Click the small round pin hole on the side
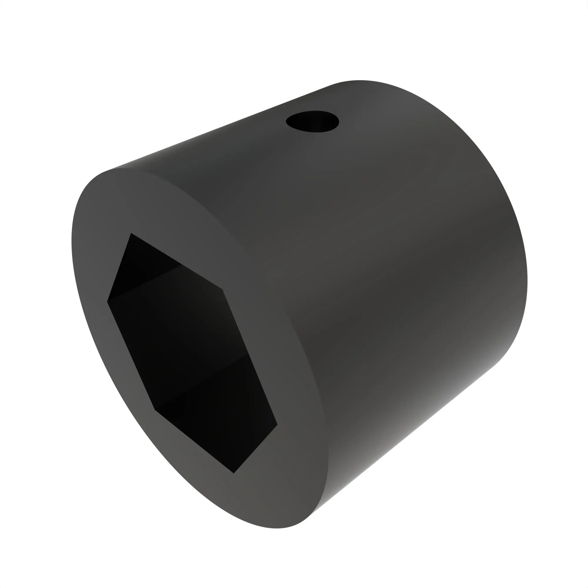(x=312, y=121)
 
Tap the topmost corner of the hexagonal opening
(x=131, y=233)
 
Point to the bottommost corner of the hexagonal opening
(x=234, y=473)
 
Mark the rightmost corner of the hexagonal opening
(x=277, y=425)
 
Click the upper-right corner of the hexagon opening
(x=222, y=289)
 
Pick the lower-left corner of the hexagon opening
(x=155, y=410)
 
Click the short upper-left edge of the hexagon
(x=119, y=268)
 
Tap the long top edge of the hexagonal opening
(x=176, y=261)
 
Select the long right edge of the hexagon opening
(x=250, y=357)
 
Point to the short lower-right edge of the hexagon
(x=256, y=449)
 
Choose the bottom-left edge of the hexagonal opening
(x=194, y=441)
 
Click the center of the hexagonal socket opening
(x=192, y=353)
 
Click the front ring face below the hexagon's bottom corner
(x=243, y=499)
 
